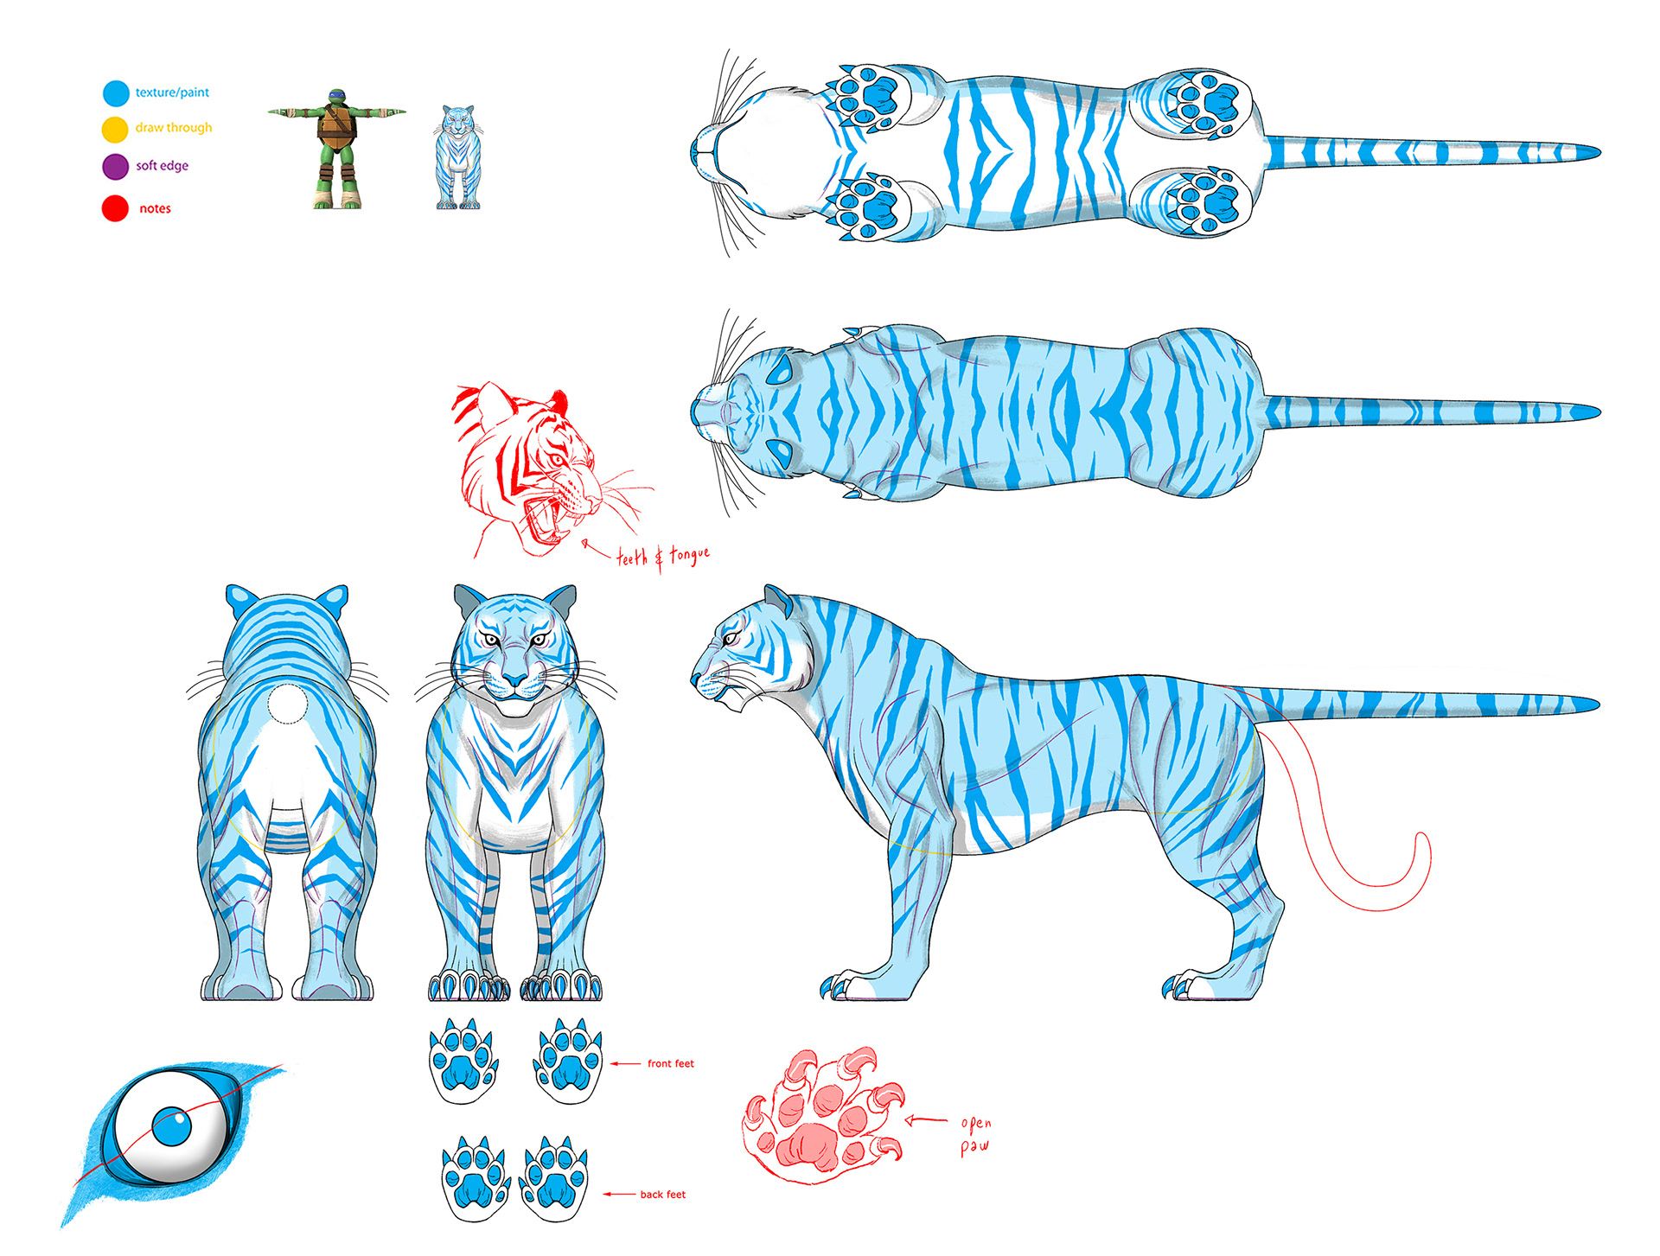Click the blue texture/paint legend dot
[116, 93]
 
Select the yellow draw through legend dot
[115, 130]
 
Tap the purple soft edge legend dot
[115, 166]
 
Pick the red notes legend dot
[115, 208]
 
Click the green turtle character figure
[335, 149]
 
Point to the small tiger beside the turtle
[457, 157]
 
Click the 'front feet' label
[671, 1063]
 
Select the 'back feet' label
[663, 1194]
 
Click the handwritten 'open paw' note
[975, 1135]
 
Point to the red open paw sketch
[822, 1115]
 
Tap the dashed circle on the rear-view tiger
[287, 704]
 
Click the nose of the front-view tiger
[514, 679]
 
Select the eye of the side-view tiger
[731, 639]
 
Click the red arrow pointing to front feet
[626, 1063]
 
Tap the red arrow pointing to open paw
[926, 1121]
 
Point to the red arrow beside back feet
[619, 1194]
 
